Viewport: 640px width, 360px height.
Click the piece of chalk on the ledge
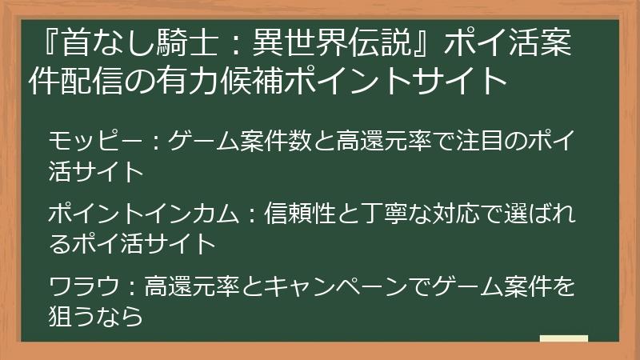pyautogui.click(x=563, y=339)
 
